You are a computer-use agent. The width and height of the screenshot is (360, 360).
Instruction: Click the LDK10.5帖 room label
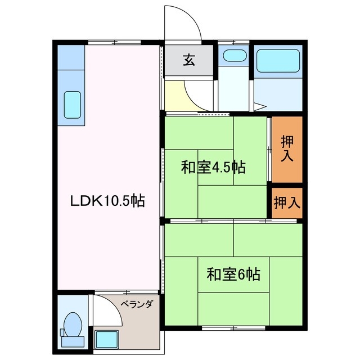[107, 201]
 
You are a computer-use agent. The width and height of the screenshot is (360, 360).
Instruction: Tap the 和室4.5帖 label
[213, 167]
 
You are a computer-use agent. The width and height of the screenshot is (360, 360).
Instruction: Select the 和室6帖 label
[233, 274]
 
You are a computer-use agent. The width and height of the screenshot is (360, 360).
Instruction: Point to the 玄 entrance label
[188, 60]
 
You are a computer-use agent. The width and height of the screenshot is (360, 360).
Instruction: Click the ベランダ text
[137, 304]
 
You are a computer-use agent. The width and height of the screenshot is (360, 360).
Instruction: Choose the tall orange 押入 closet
[287, 149]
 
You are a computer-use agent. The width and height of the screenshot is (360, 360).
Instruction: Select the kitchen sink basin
[73, 103]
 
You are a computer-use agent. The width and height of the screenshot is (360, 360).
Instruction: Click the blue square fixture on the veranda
[105, 339]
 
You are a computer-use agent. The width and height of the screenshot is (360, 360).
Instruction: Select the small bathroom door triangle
[260, 106]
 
